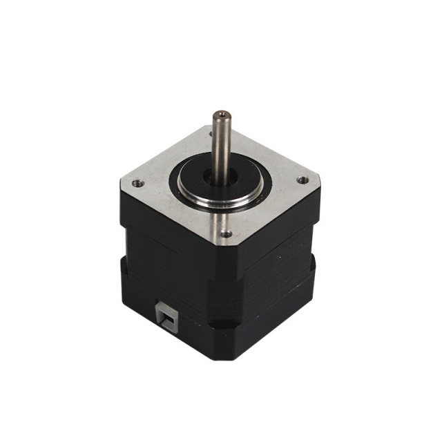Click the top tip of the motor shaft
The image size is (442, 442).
(x=221, y=113)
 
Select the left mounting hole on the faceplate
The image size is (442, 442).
(x=137, y=184)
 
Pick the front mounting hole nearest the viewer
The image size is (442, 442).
(x=226, y=234)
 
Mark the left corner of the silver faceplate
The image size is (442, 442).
(x=123, y=185)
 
